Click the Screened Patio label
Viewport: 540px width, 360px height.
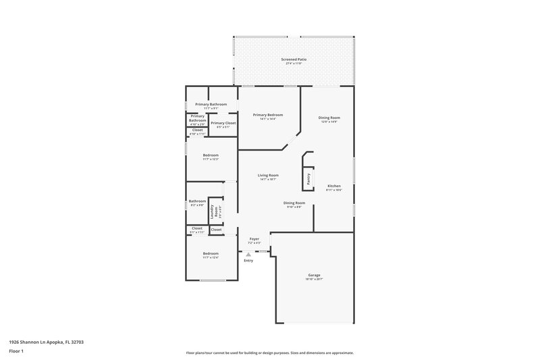[294, 60]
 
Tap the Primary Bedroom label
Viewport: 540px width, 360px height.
[267, 115]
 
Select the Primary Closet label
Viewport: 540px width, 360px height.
[223, 123]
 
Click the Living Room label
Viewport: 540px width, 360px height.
[268, 175]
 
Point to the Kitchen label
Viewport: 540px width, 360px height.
[334, 186]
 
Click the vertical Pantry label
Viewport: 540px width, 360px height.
[308, 178]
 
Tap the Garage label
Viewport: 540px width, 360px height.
[314, 276]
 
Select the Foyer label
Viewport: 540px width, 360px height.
[254, 238]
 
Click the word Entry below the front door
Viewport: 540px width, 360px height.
[248, 260]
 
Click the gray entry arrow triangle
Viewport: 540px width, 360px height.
[248, 254]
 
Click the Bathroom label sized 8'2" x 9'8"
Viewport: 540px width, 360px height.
[197, 201]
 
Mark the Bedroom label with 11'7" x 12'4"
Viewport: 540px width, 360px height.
[211, 253]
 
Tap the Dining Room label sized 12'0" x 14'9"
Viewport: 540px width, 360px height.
[329, 118]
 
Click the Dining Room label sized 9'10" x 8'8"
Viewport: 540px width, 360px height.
[294, 203]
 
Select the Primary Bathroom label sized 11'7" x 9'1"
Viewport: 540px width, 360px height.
[211, 104]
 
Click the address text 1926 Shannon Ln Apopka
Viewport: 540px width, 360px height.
[46, 342]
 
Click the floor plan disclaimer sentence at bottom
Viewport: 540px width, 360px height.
[269, 353]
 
